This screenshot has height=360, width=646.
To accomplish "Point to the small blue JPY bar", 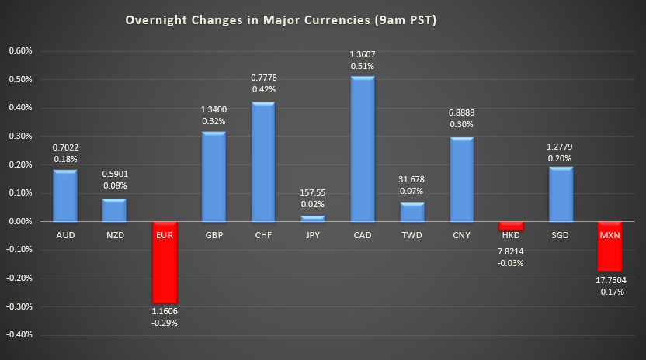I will (x=312, y=219).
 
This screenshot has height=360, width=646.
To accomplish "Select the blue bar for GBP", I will (x=213, y=177).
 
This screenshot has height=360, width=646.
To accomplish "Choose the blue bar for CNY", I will (x=461, y=179).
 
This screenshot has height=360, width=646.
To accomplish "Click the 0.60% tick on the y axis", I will (x=20, y=51).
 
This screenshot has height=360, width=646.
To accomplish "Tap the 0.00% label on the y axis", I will (x=20, y=222).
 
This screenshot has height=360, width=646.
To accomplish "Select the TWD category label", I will (x=412, y=234).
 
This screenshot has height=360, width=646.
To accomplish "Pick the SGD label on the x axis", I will (x=561, y=234).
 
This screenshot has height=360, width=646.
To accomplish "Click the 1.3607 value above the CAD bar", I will (x=362, y=54).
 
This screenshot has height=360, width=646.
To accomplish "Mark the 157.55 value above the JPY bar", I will (x=312, y=193).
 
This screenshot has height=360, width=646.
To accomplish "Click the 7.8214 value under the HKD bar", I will (x=511, y=250).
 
